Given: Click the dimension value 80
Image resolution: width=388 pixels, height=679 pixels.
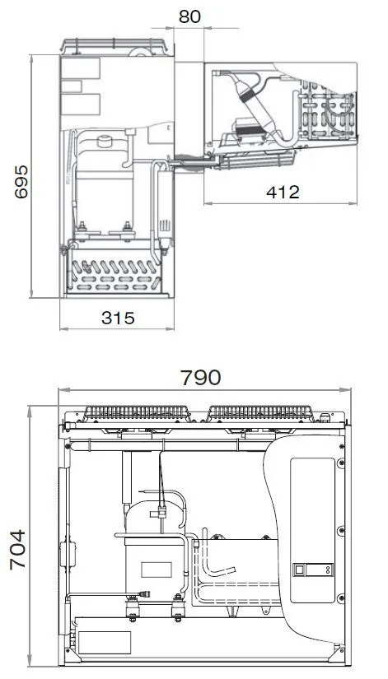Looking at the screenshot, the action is point(189,16).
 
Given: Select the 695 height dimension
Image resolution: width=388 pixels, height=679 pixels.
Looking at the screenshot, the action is point(21,181).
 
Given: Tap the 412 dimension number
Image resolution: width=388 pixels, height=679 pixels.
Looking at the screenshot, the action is point(283,192).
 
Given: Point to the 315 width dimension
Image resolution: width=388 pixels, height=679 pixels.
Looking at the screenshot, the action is point(118,318).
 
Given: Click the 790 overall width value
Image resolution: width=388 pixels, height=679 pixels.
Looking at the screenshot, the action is point(201,378).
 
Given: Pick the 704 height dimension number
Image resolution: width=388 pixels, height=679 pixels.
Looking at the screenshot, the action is point(18,550).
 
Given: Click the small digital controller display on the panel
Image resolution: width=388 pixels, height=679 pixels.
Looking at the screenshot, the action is point(312,570).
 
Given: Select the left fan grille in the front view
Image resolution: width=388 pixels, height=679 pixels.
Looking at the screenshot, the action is point(137,412).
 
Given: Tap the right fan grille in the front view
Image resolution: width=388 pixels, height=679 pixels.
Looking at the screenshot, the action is point(260,412).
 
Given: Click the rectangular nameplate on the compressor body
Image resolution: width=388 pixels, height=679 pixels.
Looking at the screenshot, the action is point(156,570).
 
